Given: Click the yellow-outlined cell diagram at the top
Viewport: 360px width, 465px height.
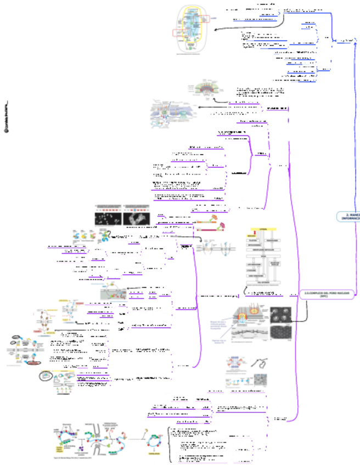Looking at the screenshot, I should click(192, 30).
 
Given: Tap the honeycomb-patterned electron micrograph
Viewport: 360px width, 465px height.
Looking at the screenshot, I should click(281, 332).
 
